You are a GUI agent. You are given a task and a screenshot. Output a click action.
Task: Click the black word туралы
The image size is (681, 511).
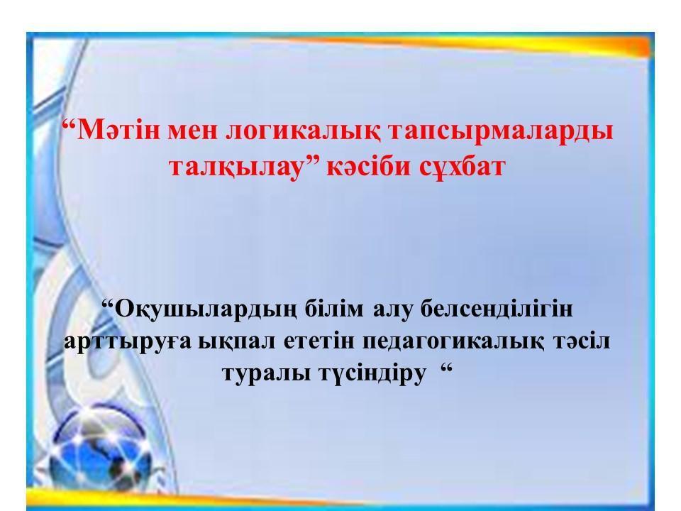point(263,373)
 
